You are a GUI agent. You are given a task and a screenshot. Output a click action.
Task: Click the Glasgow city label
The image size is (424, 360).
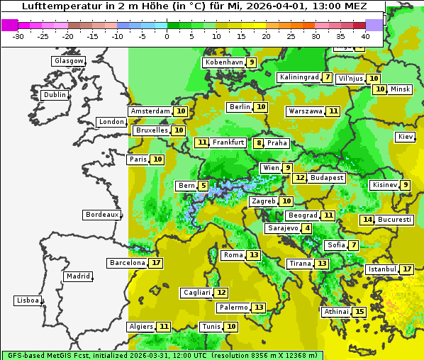68,61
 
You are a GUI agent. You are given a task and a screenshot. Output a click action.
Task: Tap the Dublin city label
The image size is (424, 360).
55,95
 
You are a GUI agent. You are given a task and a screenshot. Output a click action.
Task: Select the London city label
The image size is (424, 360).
111,122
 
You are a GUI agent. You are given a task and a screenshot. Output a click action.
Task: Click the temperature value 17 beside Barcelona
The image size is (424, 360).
157,263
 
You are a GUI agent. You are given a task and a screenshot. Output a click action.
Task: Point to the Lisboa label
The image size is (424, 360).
28,300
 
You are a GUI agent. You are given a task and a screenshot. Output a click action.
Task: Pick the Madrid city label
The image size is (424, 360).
78,276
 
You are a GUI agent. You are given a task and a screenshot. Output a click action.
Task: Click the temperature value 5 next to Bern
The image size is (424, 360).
203,186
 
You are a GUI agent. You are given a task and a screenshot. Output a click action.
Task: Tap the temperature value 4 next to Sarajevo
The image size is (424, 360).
306,228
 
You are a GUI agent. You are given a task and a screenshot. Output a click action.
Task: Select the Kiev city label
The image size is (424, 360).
406,137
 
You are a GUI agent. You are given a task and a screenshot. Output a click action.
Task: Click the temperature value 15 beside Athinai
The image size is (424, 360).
360,312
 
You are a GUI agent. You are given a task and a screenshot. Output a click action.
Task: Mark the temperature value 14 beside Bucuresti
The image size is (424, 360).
367,220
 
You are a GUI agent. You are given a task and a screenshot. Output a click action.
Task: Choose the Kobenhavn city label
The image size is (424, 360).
224,62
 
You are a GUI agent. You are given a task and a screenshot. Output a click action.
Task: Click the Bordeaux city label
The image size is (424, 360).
101,215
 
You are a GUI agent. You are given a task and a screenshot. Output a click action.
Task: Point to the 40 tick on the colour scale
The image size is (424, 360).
365,35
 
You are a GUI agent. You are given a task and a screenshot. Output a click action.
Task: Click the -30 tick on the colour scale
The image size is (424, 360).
19,35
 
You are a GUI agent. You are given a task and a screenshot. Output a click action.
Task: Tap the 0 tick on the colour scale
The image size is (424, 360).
167,35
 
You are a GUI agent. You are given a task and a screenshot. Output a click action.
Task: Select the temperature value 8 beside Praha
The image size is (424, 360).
259,143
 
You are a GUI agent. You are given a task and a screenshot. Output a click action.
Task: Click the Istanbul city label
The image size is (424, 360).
383,270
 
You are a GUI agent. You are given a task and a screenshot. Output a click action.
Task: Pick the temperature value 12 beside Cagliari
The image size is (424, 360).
222,293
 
